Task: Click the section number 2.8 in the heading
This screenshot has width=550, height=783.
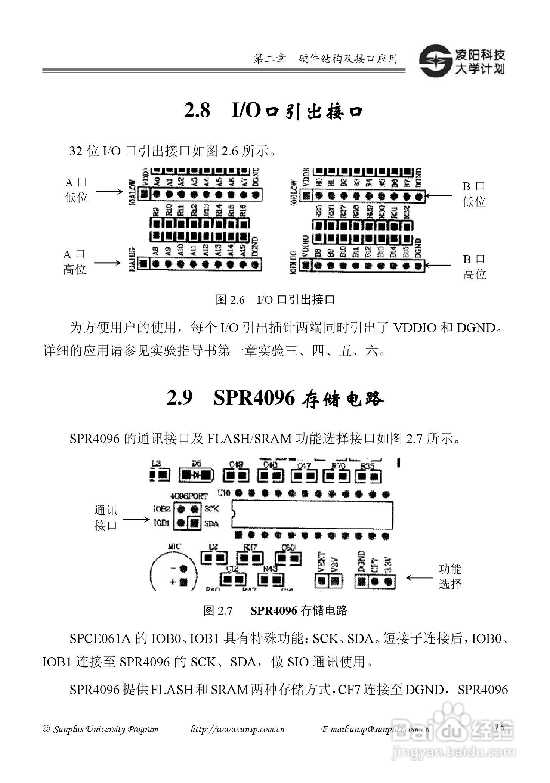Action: coord(197,111)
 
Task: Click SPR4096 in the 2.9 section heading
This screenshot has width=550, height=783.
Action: coord(254,399)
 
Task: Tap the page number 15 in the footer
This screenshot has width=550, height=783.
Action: coord(499,727)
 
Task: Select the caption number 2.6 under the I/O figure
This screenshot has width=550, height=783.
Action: coord(237,300)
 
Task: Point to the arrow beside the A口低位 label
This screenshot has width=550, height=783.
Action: coord(109,192)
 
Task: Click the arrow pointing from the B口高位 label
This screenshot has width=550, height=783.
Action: coord(438,266)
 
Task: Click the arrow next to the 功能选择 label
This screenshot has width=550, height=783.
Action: coord(419,578)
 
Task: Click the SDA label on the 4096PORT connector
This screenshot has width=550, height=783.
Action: coord(211,524)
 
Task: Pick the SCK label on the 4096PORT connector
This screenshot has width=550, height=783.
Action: coord(211,509)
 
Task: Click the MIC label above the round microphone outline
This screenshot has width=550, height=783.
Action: coord(174,547)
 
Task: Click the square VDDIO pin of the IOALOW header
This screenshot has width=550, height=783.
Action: coord(144,194)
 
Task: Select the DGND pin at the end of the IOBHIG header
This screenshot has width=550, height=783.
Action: coord(418,266)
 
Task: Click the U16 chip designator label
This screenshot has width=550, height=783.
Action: coord(223,495)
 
